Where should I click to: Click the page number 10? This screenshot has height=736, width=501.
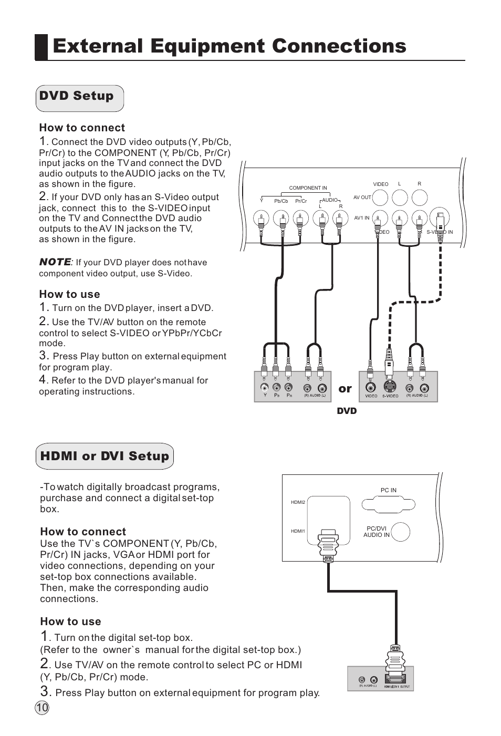click(x=42, y=707)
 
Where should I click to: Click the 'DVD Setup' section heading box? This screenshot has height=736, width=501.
click(x=80, y=98)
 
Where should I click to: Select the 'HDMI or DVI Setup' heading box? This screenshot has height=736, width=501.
click(x=105, y=456)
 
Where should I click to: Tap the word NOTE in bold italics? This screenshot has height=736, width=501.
click(x=55, y=262)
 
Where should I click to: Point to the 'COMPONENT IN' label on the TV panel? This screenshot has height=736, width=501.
click(x=308, y=188)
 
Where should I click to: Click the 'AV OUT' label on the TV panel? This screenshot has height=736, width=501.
click(x=362, y=198)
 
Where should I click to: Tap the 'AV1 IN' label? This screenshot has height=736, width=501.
click(x=361, y=217)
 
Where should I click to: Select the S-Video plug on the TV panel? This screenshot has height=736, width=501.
click(x=440, y=218)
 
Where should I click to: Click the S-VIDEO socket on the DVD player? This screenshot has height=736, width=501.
click(x=390, y=387)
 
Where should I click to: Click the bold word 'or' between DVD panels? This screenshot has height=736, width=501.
click(x=345, y=389)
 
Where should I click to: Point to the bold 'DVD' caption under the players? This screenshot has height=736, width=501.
click(x=347, y=411)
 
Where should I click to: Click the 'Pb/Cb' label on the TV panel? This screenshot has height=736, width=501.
click(x=281, y=201)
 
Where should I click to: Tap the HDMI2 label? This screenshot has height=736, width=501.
click(x=298, y=502)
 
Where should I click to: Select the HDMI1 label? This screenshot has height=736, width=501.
click(x=298, y=531)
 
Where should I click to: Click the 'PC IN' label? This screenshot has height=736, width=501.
click(x=389, y=490)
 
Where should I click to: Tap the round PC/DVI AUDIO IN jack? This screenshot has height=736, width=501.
click(x=401, y=532)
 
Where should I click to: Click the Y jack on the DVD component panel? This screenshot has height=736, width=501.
click(x=265, y=387)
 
